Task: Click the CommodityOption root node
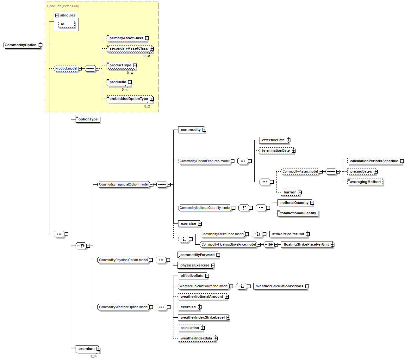click(21, 45)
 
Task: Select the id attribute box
click(66, 24)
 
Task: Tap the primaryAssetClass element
click(126, 38)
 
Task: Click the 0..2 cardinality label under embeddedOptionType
click(147, 106)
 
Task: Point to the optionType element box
click(88, 119)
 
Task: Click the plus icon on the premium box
click(98, 349)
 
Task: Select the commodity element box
click(191, 130)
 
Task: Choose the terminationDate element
click(276, 151)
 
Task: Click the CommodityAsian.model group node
click(300, 172)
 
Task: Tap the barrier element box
click(290, 192)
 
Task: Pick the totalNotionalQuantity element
click(298, 213)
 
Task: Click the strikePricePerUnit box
click(288, 234)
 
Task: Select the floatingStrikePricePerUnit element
click(306, 245)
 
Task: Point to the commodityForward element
click(197, 255)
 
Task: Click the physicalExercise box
click(195, 265)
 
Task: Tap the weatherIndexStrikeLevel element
click(202, 318)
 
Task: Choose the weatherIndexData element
click(196, 339)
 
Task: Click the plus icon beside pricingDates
click(376, 172)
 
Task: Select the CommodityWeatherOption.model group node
click(123, 307)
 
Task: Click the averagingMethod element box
click(365, 182)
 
